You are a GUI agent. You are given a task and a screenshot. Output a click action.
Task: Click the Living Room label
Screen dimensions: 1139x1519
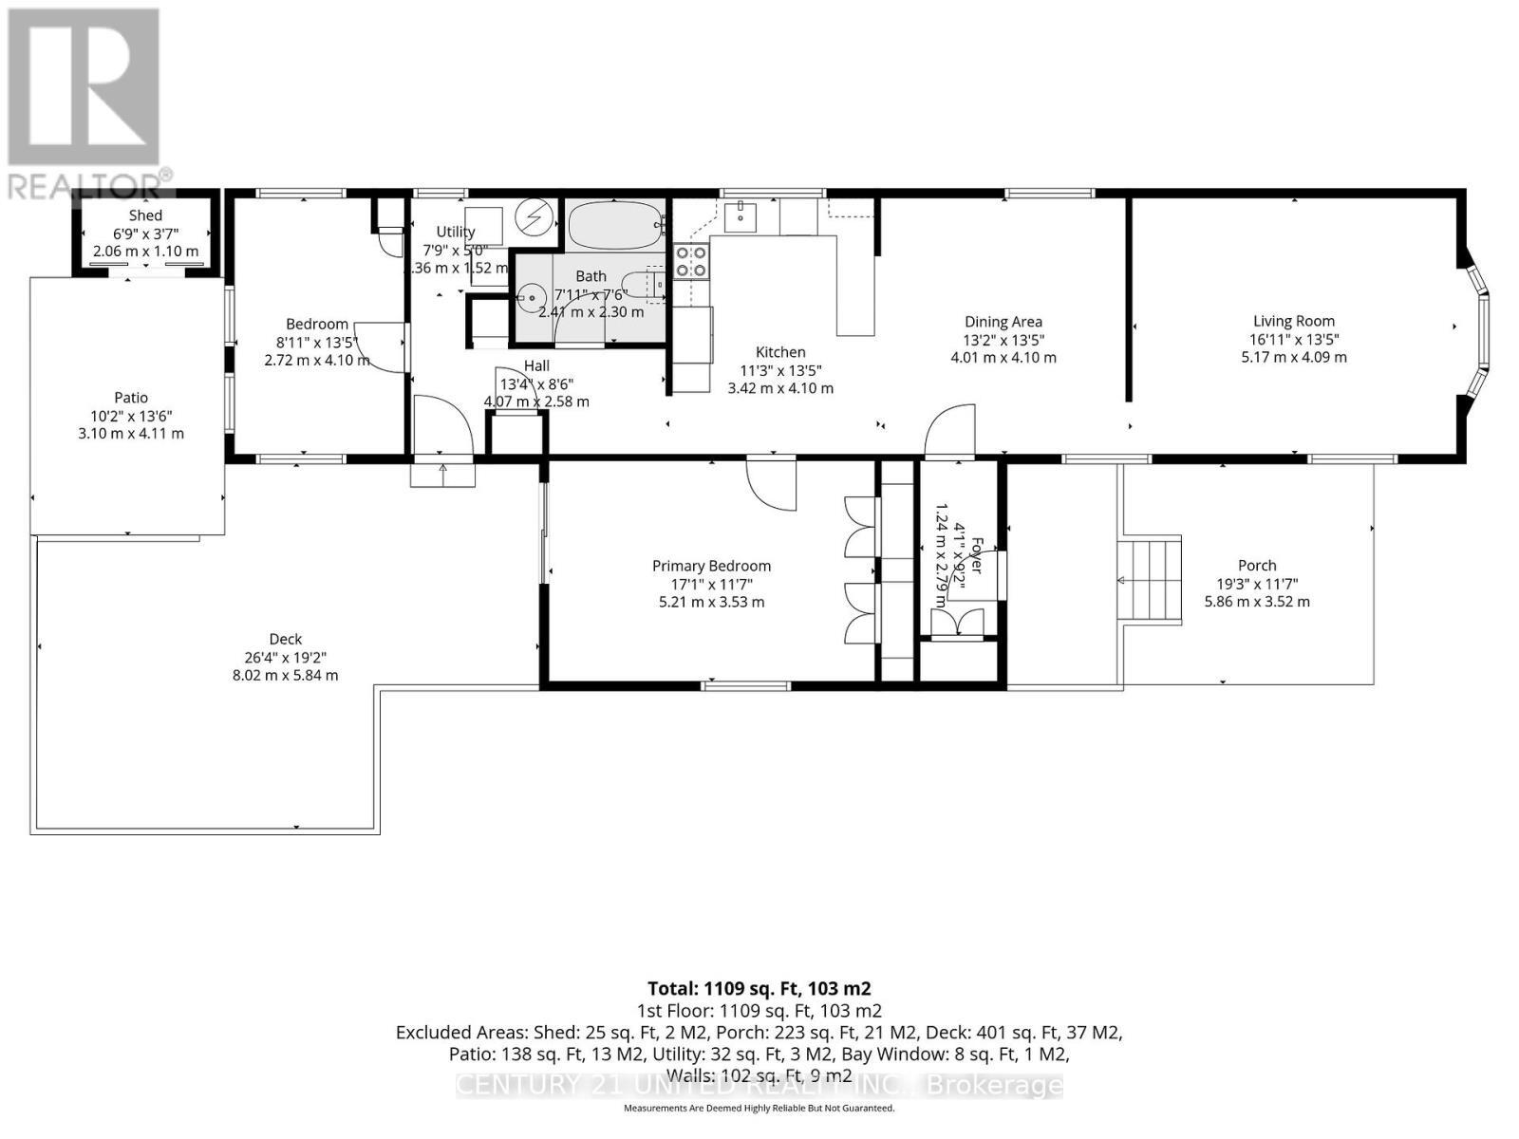point(1293,321)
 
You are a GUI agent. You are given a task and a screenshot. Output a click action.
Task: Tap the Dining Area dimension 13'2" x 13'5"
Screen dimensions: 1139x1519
point(1003,340)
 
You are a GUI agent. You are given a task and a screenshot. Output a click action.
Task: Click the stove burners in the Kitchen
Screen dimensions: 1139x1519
point(690,261)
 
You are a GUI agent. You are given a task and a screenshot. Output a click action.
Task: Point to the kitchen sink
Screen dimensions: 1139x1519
point(740,217)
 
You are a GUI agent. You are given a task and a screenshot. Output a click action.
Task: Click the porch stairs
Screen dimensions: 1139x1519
point(1151,580)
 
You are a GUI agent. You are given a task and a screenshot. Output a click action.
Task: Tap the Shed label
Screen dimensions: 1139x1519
point(145,215)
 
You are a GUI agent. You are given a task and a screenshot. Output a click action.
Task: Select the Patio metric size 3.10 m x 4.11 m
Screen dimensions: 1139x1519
point(131,434)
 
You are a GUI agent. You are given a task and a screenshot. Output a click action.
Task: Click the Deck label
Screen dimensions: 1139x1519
point(285,639)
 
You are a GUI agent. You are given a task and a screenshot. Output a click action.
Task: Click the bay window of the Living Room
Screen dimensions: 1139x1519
point(1477,327)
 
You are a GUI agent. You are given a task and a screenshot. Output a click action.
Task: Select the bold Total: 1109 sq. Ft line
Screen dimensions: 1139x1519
point(759,988)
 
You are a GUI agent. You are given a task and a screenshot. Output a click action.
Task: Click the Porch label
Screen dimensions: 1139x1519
point(1257,565)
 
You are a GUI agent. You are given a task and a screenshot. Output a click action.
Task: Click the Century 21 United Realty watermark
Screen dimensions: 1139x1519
point(759,1085)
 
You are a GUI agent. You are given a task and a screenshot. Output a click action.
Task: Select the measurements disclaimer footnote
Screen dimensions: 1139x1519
point(759,1108)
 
